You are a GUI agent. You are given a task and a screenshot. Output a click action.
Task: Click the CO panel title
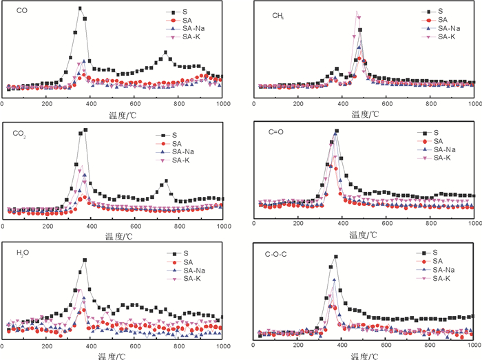(x=21, y=11)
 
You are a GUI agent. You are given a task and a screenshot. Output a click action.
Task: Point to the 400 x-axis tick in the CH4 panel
(x=342, y=103)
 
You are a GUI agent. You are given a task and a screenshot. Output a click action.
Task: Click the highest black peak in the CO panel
(x=81, y=8)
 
